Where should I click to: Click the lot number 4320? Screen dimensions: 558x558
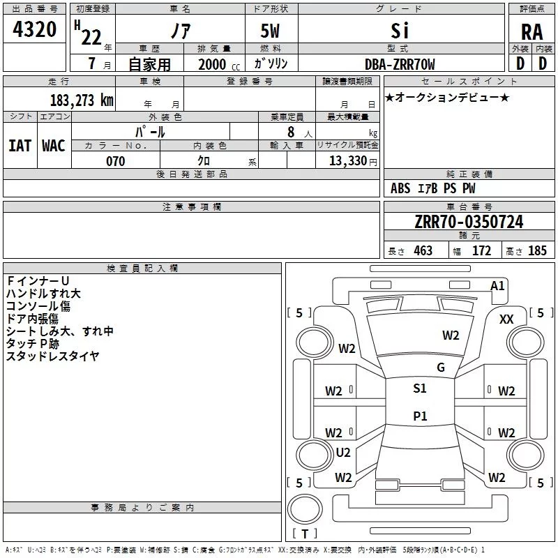click(x=34, y=30)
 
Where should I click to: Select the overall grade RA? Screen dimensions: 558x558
click(x=531, y=32)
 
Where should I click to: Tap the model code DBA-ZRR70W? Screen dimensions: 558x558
click(x=400, y=64)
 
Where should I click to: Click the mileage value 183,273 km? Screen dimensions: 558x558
click(x=82, y=100)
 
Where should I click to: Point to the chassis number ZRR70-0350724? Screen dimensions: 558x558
click(x=469, y=223)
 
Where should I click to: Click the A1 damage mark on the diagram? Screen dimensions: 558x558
click(x=497, y=286)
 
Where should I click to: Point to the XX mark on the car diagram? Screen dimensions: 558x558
click(x=506, y=319)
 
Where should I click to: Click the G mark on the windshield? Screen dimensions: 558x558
click(x=440, y=368)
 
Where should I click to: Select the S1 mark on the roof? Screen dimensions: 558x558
click(x=419, y=389)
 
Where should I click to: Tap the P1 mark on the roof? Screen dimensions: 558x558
click(x=419, y=416)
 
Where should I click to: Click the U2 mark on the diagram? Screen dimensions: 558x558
click(x=343, y=452)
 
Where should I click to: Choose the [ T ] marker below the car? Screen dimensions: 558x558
click(x=304, y=534)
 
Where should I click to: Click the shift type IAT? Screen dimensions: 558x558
click(x=20, y=145)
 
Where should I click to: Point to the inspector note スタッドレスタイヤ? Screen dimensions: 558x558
click(x=52, y=356)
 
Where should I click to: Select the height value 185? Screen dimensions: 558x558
click(x=537, y=251)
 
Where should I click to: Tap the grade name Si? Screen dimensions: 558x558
click(x=400, y=31)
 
